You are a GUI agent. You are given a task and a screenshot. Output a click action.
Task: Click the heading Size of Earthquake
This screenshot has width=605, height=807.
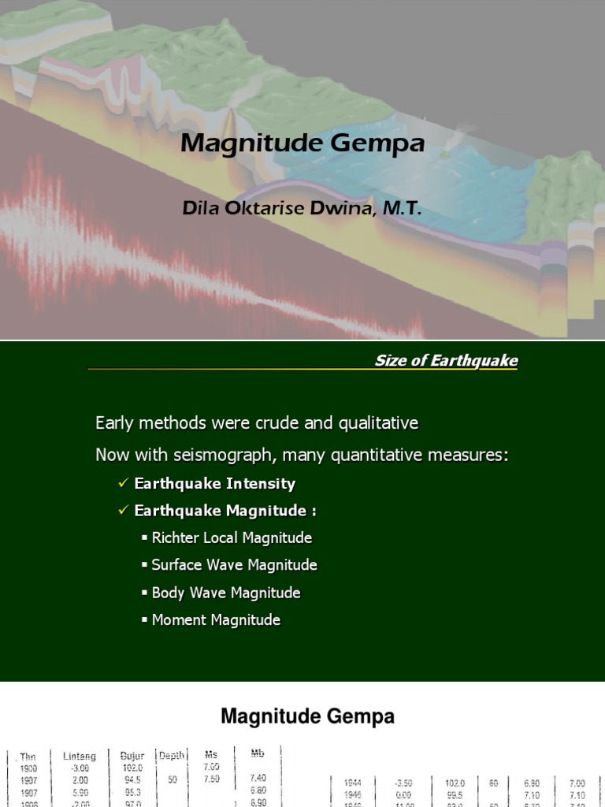[446, 361]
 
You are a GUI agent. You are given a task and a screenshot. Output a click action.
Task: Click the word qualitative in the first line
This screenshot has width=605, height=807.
[378, 423]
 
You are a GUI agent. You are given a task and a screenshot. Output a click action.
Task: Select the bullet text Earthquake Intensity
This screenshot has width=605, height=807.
[214, 483]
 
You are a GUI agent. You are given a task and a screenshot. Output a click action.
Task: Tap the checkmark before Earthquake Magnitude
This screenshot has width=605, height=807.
[123, 511]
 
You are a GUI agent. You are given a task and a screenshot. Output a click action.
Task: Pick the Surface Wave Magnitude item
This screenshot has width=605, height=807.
[234, 565]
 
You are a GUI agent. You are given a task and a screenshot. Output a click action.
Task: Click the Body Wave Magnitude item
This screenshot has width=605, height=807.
[226, 593]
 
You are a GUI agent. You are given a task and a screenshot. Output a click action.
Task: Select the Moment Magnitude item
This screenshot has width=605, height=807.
[216, 620]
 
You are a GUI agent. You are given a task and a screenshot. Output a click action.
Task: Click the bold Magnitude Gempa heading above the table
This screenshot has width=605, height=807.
[307, 716]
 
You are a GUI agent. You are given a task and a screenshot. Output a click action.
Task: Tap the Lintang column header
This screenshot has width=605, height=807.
[80, 756]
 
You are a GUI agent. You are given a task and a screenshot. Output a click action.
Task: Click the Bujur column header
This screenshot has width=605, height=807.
[132, 756]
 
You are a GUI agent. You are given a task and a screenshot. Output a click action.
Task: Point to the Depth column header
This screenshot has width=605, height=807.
[172, 755]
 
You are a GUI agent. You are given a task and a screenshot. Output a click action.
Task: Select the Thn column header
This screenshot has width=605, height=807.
[28, 757]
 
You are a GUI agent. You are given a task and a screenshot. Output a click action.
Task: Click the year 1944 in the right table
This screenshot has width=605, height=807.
[353, 783]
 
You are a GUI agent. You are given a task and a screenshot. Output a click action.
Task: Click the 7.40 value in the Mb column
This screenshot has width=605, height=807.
[258, 778]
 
